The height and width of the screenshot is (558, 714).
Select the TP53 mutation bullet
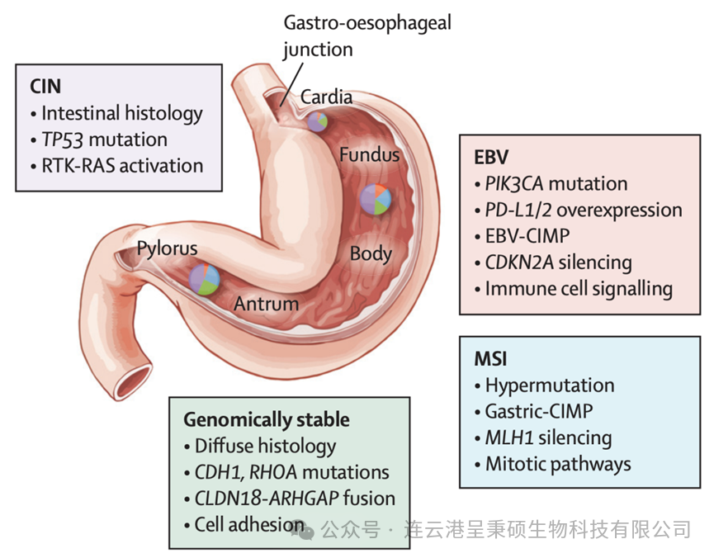click(103, 139)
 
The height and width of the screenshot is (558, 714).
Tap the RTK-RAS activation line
click(121, 165)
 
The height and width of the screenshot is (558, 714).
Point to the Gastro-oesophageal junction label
click(367, 35)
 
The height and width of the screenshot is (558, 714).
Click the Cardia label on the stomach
click(326, 97)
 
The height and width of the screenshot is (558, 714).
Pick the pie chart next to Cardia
click(318, 121)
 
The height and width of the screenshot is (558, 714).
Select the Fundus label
click(369, 154)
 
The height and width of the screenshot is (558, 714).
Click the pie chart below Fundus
click(376, 200)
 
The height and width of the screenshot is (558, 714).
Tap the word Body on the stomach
click(371, 253)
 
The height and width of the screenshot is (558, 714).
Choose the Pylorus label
click(167, 248)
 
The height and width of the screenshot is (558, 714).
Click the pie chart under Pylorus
click(205, 280)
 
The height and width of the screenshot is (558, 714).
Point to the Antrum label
click(266, 304)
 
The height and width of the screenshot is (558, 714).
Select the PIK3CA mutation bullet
click(551, 183)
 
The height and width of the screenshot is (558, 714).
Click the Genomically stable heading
click(266, 419)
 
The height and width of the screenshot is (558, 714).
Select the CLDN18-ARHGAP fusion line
click(295, 498)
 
